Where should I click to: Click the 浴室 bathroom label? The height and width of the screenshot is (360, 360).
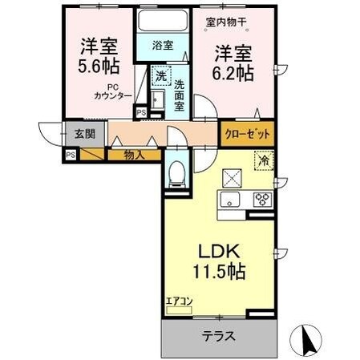163,45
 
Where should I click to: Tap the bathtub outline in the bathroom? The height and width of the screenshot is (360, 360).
163,21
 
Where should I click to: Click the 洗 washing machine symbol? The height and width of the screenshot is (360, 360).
160,77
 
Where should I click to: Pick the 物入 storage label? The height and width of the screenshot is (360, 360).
135,154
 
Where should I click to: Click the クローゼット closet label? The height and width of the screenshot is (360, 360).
247,134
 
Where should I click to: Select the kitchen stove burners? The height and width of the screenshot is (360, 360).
261,200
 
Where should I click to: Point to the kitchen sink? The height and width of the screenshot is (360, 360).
229,200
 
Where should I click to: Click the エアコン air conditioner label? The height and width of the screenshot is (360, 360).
180,302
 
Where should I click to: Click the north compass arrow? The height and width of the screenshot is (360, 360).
306,341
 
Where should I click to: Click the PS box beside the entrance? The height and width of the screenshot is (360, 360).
71,155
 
